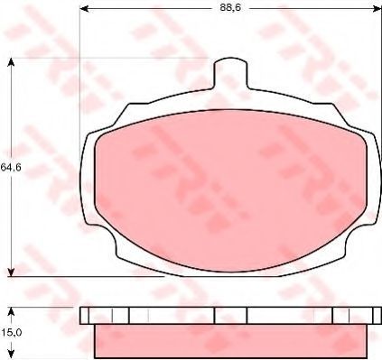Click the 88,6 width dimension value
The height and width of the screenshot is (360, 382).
click(230, 8)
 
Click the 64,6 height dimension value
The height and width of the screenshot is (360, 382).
click(11, 167)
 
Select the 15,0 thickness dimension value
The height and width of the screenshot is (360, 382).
click(11, 333)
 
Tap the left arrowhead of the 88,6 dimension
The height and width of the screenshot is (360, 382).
click(84, 9)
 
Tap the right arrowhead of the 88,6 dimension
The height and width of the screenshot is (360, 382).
click(377, 9)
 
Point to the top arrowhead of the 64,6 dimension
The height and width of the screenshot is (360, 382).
click(11, 62)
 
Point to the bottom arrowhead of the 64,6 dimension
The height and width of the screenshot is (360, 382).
click(11, 272)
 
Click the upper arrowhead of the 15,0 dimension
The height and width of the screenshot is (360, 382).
click(11, 311)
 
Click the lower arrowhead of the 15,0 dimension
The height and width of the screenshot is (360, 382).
click(11, 355)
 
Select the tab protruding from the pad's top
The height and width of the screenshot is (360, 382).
click(230, 74)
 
